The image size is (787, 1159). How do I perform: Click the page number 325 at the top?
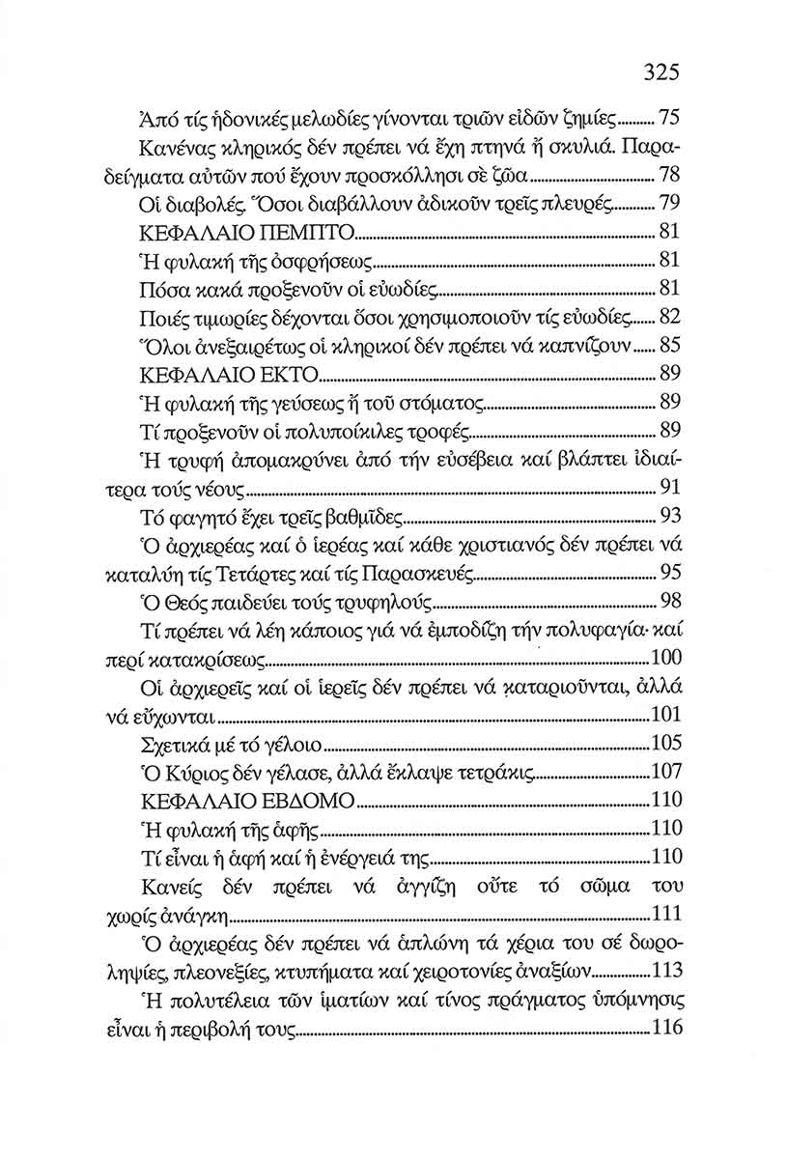tap(661, 72)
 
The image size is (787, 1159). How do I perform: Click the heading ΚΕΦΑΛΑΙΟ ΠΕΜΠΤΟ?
tap(248, 233)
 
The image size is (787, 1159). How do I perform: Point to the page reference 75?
tap(670, 120)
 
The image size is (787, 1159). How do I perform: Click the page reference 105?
tap(665, 744)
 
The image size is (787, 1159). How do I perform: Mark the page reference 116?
tap(665, 1028)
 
